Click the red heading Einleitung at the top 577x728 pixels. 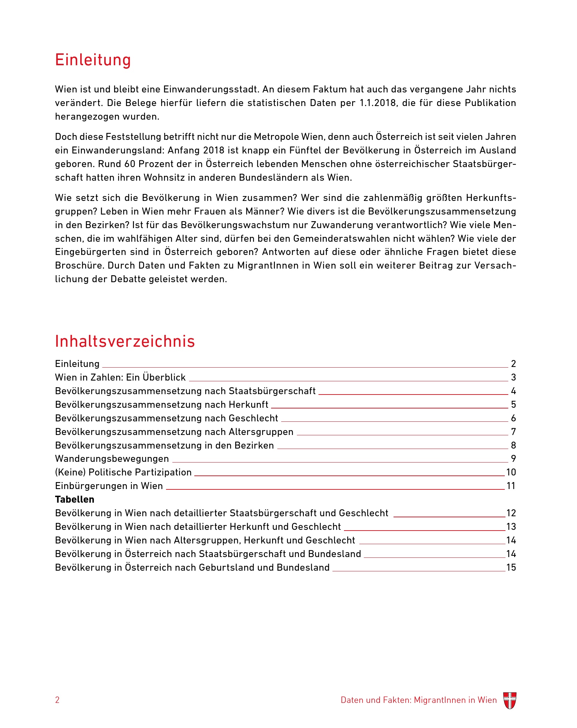pyautogui.click(x=93, y=60)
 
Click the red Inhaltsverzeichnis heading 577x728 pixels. pyautogui.click(x=125, y=342)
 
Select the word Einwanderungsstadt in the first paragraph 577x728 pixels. pyautogui.click(x=211, y=89)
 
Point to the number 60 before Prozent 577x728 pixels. pyautogui.click(x=130, y=164)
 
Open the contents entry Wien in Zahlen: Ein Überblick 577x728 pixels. pyautogui.click(x=120, y=377)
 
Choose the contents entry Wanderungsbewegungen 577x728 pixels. pyautogui.click(x=112, y=459)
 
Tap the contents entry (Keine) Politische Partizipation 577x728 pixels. pyautogui.click(x=123, y=472)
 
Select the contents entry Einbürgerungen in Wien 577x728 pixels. pyautogui.click(x=109, y=486)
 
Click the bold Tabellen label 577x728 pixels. pyautogui.click(x=75, y=500)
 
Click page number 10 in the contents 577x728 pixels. pyautogui.click(x=511, y=472)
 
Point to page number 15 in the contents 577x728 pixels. pyautogui.click(x=511, y=568)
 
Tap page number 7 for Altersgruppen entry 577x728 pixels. pyautogui.click(x=514, y=432)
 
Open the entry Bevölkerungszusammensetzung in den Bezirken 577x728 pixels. pyautogui.click(x=164, y=445)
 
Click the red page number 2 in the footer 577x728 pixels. pyautogui.click(x=57, y=700)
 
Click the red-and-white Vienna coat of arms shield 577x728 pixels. pyautogui.click(x=510, y=700)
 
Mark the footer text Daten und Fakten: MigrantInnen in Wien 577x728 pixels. pyautogui.click(x=419, y=700)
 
